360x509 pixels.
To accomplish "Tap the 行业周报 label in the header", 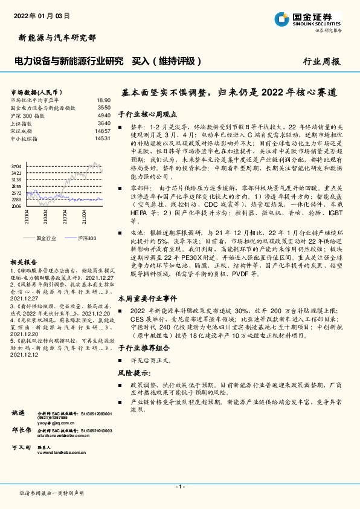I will coord(322,61).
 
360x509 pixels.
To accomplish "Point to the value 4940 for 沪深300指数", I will coord(104,115).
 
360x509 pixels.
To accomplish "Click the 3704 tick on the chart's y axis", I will coord(16,166).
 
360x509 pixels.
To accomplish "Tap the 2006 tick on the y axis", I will coord(16,206).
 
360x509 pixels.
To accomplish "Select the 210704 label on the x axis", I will coord(62,216).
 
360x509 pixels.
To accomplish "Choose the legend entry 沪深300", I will coord(86,239).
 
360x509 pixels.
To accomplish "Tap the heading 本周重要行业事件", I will coord(147,298).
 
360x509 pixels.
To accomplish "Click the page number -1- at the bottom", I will coord(179,487).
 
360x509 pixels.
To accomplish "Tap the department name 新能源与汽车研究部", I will coord(54,38).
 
